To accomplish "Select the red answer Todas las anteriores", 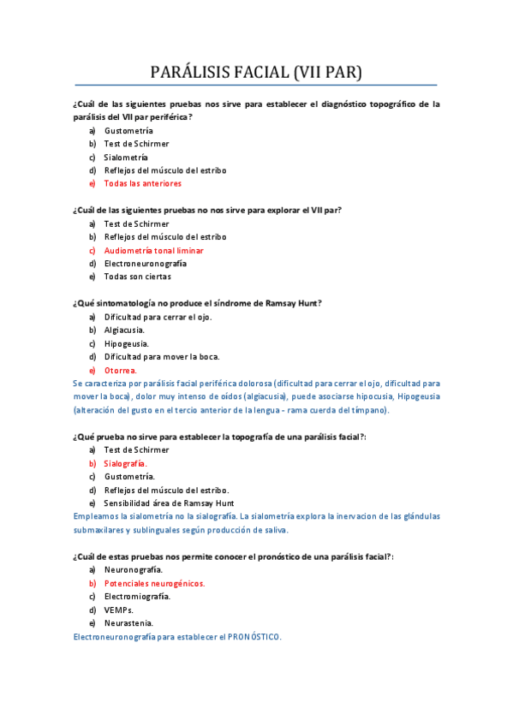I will (142, 183).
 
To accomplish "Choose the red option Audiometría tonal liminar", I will (153, 251).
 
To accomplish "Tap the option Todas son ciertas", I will (137, 277).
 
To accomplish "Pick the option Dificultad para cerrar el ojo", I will (158, 317).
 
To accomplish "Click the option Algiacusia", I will (124, 330).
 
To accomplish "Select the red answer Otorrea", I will (120, 370).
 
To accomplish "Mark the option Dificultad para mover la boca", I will (162, 356).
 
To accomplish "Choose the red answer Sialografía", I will (125, 463).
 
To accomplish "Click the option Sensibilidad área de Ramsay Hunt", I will (169, 503).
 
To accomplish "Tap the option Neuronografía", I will (133, 569).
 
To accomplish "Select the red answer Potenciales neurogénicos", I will (154, 583).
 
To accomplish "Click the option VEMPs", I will (119, 610).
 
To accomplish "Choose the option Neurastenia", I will (128, 623).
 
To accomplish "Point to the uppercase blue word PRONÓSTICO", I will (250, 637).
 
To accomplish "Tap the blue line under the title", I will (256, 86).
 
